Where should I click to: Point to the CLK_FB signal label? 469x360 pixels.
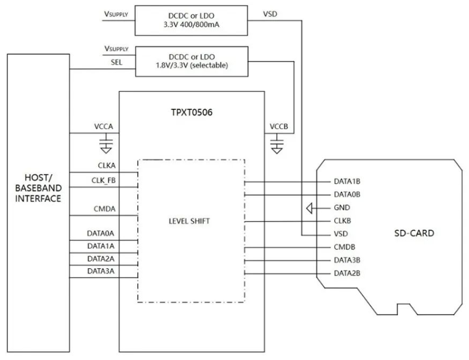pyautogui.click(x=104, y=181)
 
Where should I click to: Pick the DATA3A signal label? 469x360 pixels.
pyautogui.click(x=102, y=272)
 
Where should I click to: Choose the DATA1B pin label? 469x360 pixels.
pyautogui.click(x=347, y=182)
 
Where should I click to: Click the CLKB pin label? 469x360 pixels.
pyautogui.click(x=344, y=221)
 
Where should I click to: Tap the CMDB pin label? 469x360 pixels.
pyautogui.click(x=345, y=247)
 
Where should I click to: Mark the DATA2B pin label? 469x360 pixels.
pyautogui.click(x=347, y=274)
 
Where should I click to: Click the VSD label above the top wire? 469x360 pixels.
pyautogui.click(x=271, y=14)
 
